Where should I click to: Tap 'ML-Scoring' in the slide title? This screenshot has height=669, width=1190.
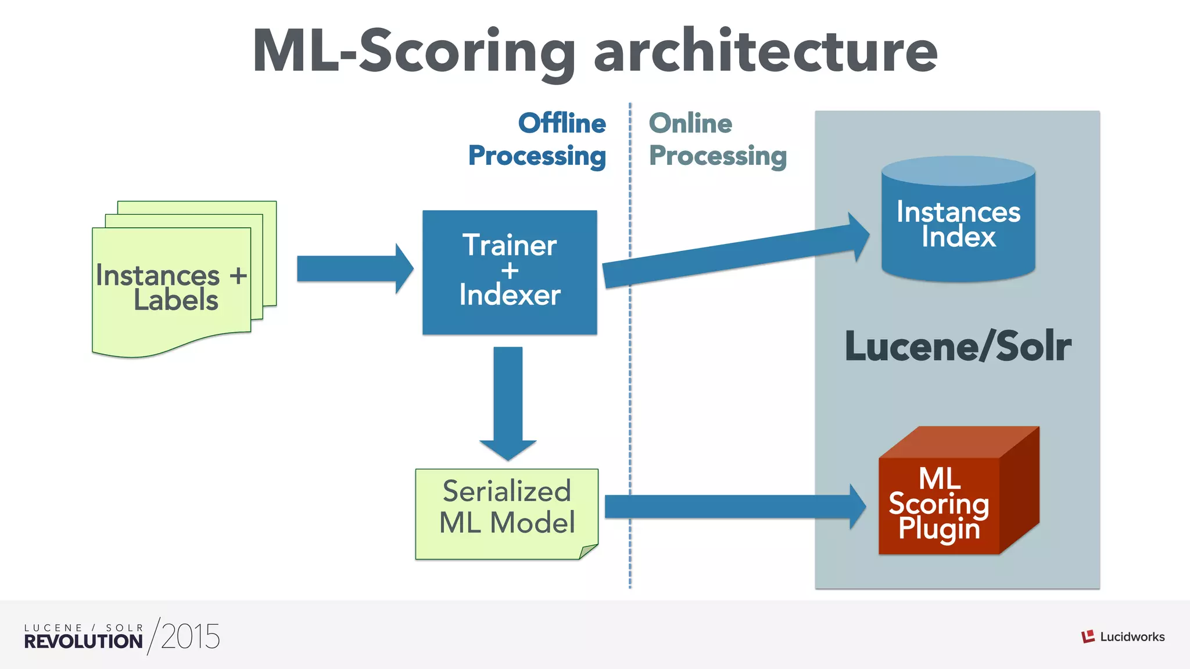(414, 52)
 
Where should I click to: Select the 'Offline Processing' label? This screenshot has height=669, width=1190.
(537, 139)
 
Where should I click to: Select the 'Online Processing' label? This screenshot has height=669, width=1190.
(717, 139)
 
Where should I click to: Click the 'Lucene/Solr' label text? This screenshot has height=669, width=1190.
(958, 347)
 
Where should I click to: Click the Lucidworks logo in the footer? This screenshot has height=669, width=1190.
(1123, 636)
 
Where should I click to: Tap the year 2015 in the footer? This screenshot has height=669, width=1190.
(190, 636)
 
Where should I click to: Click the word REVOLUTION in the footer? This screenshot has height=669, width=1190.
(83, 641)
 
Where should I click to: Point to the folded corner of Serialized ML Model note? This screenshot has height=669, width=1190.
(587, 551)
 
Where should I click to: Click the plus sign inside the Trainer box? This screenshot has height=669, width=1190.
(510, 271)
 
